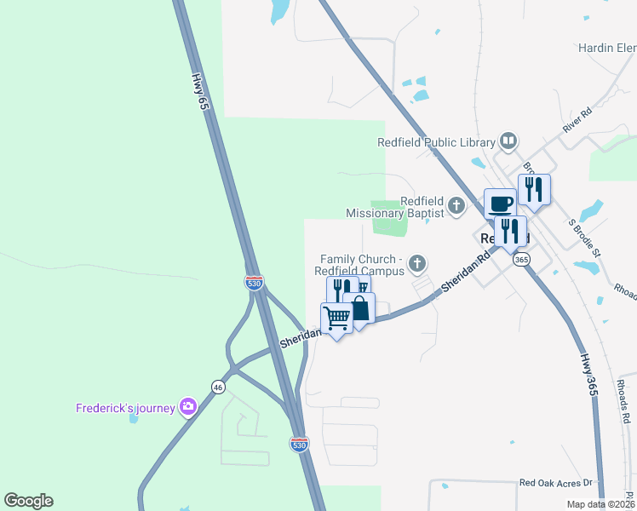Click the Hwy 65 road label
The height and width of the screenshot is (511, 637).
200,91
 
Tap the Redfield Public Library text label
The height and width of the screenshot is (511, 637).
437,143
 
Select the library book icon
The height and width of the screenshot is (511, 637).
508,141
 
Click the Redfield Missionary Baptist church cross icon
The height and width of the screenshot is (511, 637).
456,204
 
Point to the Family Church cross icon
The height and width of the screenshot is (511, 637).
417,262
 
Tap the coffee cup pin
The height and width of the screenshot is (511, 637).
500,204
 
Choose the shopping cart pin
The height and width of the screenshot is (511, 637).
337,319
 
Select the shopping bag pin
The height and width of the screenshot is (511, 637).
359,308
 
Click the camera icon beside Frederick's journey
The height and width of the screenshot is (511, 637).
188,408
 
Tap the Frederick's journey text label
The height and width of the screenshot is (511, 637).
124,408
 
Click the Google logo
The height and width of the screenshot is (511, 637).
28,501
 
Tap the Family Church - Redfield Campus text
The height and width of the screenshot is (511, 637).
360,265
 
